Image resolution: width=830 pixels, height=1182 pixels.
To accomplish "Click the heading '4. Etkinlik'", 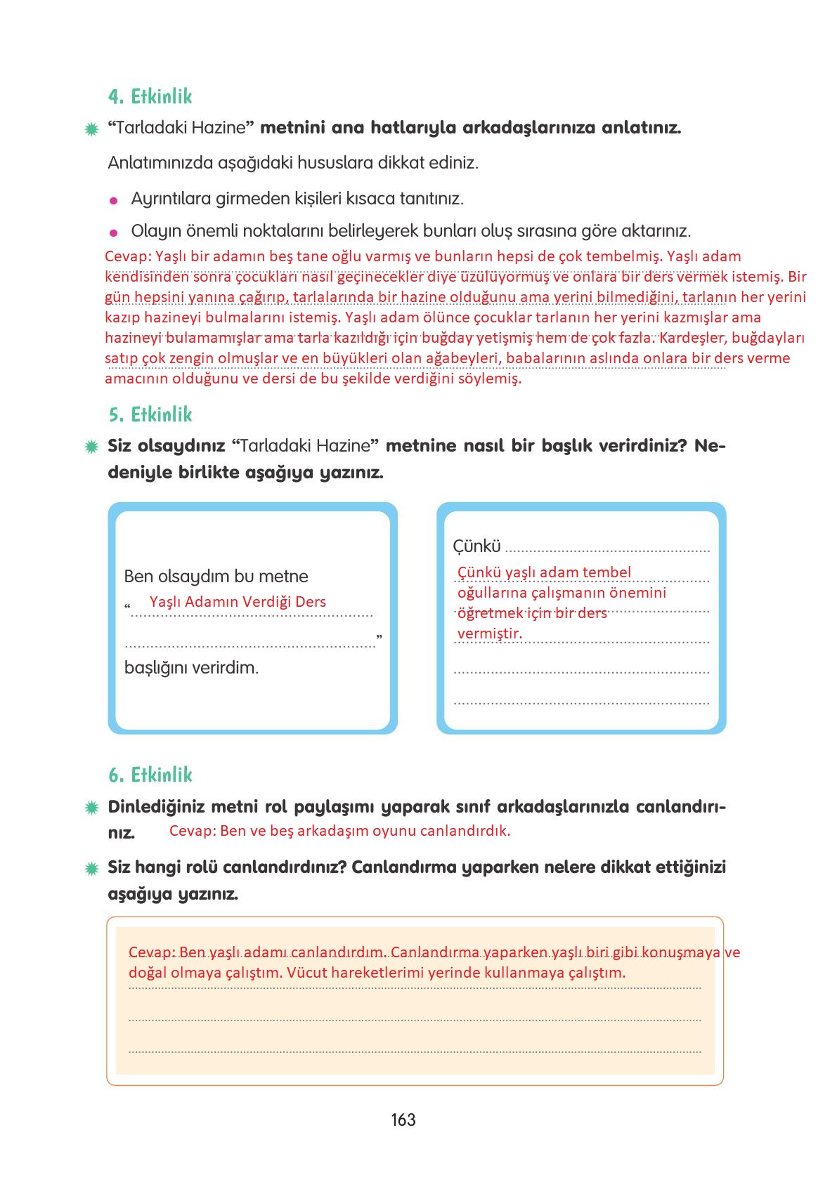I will pyautogui.click(x=150, y=96).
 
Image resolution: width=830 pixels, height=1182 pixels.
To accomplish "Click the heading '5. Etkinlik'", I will pyautogui.click(x=150, y=414).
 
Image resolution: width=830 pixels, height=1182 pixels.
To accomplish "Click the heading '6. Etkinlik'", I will pyautogui.click(x=150, y=775).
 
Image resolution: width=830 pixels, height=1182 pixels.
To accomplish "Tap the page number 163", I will pyautogui.click(x=403, y=1120).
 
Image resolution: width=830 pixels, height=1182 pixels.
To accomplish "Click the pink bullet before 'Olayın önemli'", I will pyautogui.click(x=113, y=232).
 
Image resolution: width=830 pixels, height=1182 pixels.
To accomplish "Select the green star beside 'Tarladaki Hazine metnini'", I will pyautogui.click(x=91, y=129).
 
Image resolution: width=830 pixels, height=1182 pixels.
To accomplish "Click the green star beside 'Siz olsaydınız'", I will pyautogui.click(x=91, y=447).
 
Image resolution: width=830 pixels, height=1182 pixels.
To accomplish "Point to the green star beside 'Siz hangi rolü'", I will pyautogui.click(x=91, y=869).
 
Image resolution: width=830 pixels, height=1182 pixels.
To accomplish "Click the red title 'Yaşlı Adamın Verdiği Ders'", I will pyautogui.click(x=238, y=602).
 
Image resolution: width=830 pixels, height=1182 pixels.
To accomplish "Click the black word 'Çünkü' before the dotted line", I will pyautogui.click(x=476, y=546).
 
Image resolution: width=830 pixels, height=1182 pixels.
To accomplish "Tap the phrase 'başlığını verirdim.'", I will pyautogui.click(x=191, y=667).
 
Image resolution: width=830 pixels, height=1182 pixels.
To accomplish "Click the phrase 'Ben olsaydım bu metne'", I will pyautogui.click(x=216, y=577).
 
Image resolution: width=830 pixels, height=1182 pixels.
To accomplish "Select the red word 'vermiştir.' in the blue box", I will pyautogui.click(x=490, y=633).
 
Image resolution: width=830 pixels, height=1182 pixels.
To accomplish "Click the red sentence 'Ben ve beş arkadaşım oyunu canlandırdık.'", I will pyautogui.click(x=365, y=831).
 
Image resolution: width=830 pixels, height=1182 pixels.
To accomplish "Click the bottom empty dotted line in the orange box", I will pyautogui.click(x=415, y=1051).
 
